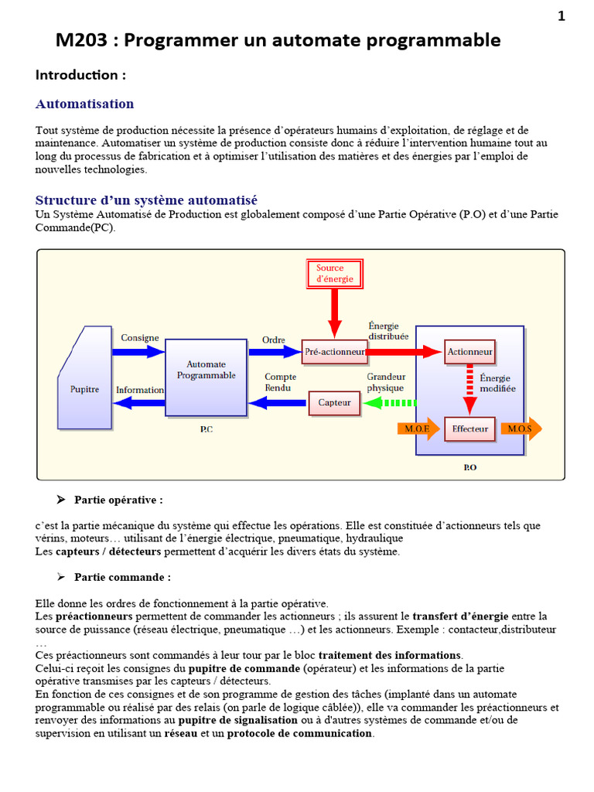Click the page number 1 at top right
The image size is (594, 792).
tap(562, 16)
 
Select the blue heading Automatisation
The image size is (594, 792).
tap(84, 104)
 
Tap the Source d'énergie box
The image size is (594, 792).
tap(334, 273)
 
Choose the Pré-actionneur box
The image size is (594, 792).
tap(333, 352)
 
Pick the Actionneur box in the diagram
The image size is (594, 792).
tap(469, 352)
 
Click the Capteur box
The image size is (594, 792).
tap(334, 402)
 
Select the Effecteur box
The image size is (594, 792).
tap(469, 428)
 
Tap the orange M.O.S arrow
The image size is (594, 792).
tap(521, 428)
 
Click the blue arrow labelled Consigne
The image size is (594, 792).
tap(138, 351)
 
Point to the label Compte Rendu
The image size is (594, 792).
tap(280, 382)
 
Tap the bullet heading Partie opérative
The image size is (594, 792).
tap(118, 500)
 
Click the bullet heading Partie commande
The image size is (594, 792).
tap(122, 577)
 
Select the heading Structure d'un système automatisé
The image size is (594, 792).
tap(146, 200)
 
